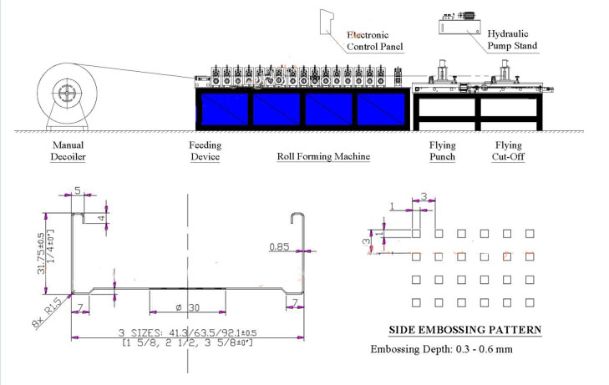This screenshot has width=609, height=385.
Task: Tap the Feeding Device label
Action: [206, 150]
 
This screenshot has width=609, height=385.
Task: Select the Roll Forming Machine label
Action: [323, 156]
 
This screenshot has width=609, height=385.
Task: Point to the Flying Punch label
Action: [442, 150]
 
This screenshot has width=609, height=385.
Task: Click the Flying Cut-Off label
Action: [509, 150]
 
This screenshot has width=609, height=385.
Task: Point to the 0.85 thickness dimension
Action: [279, 246]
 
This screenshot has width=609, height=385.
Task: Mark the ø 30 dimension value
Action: [189, 306]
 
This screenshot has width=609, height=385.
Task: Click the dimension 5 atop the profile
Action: [78, 190]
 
